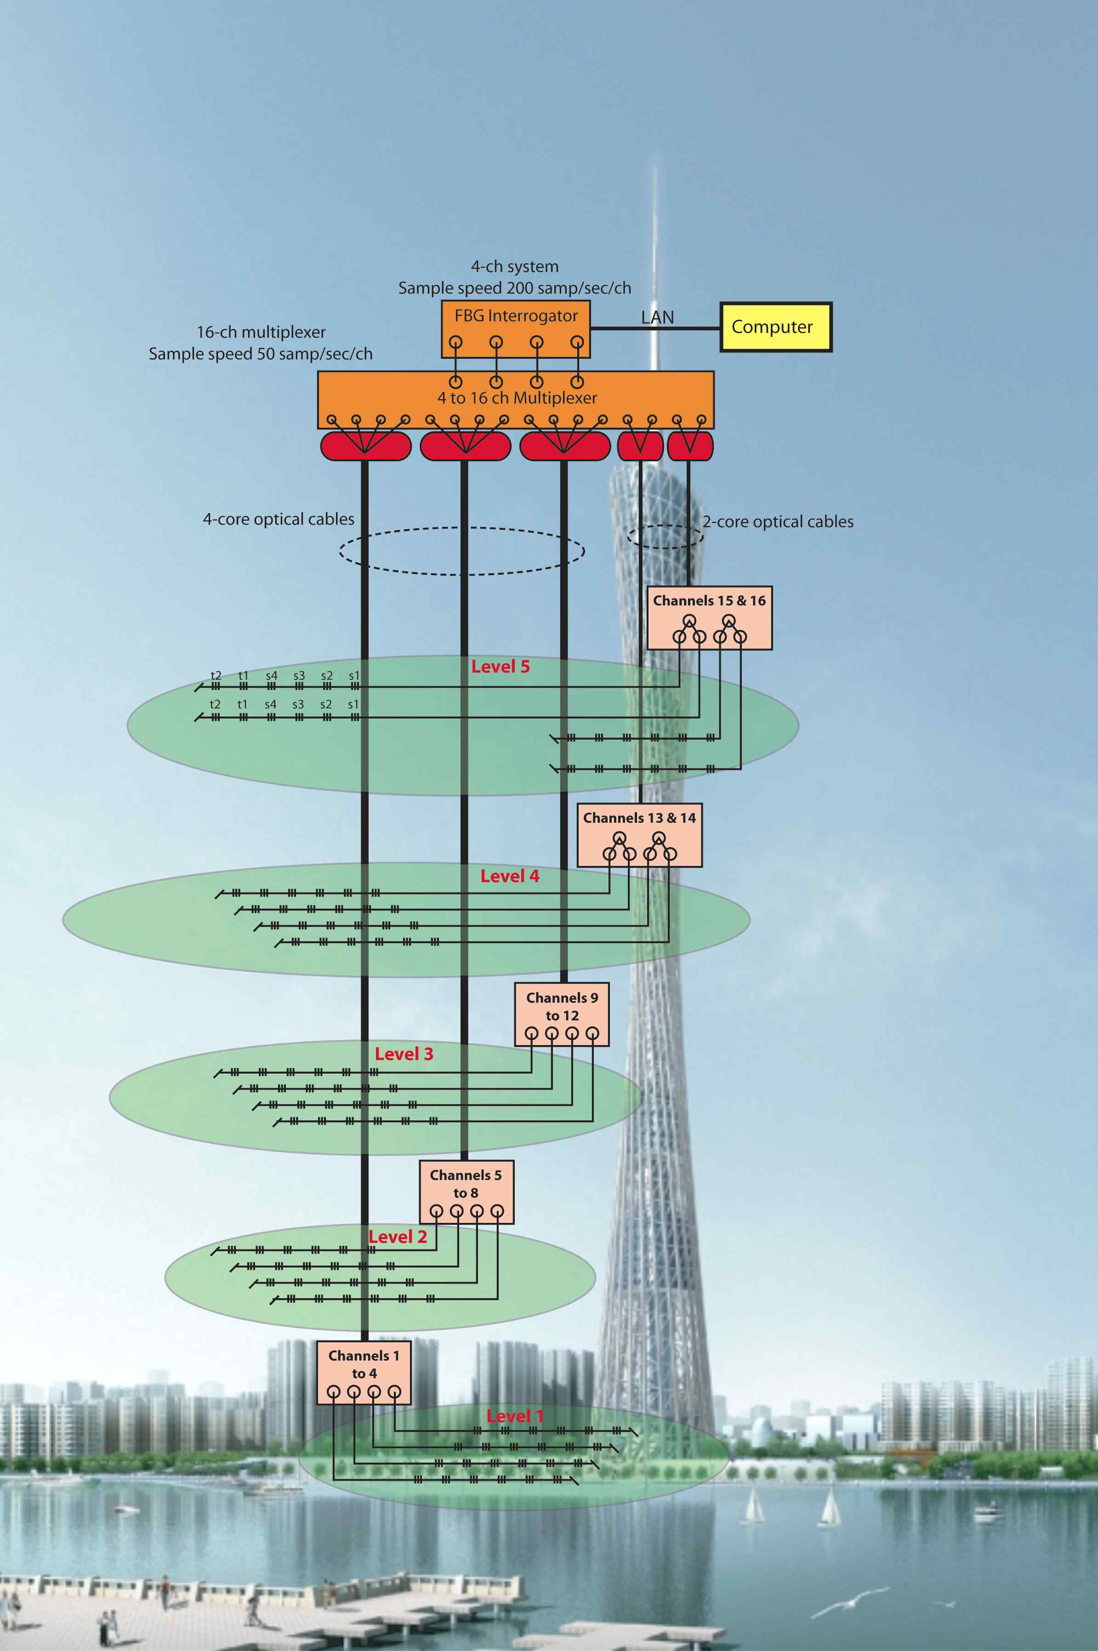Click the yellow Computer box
click(x=776, y=327)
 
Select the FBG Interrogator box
click(x=515, y=329)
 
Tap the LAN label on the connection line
click(x=658, y=318)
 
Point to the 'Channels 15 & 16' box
click(x=709, y=618)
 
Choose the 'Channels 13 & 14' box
click(x=639, y=835)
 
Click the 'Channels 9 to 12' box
click(x=562, y=1015)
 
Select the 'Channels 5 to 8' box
click(x=467, y=1192)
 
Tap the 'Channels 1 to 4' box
click(x=364, y=1373)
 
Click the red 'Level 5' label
click(x=500, y=666)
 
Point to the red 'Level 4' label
click(x=510, y=876)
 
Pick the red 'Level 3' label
click(x=404, y=1053)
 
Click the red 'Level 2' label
click(x=398, y=1237)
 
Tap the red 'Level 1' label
click(x=515, y=1416)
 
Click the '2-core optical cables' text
click(x=778, y=521)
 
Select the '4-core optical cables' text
click(x=279, y=519)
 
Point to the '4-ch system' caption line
click(x=515, y=266)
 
